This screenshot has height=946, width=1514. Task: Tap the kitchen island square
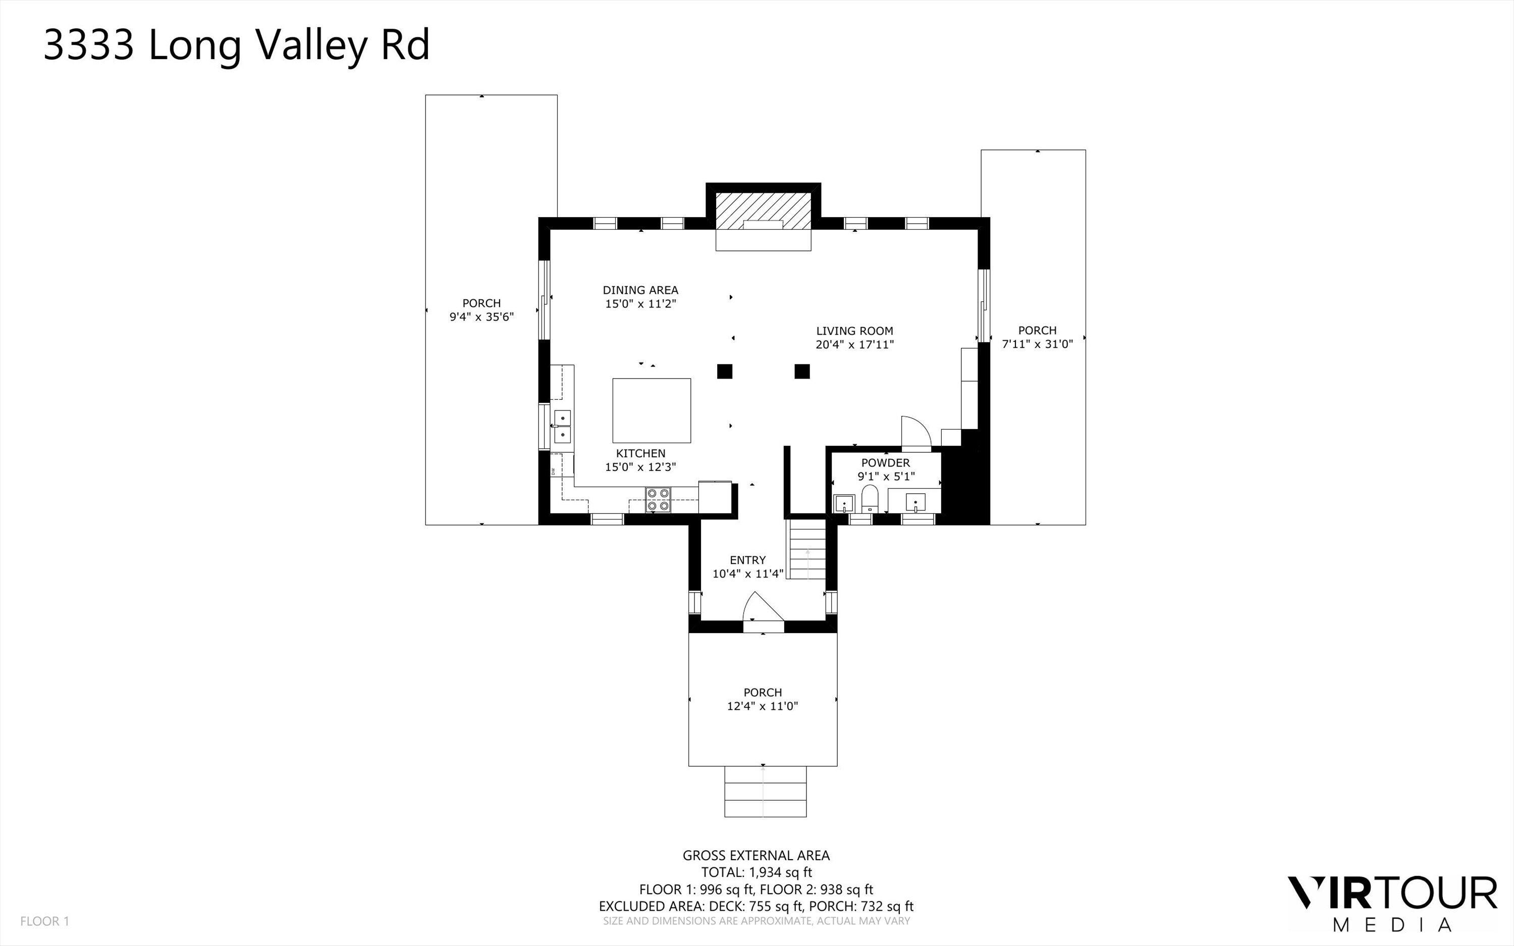point(652,410)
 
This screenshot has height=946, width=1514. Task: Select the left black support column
point(724,371)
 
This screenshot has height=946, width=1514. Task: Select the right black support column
point(802,371)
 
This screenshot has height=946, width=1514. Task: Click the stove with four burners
point(658,499)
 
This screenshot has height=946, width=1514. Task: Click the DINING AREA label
point(640,290)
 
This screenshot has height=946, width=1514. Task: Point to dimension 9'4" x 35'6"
point(481,317)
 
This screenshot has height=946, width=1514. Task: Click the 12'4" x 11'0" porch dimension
point(763,706)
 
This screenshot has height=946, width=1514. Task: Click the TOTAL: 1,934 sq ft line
point(756,872)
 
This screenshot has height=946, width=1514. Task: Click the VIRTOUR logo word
point(1391,894)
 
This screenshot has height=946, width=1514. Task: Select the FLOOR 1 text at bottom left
point(44,921)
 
